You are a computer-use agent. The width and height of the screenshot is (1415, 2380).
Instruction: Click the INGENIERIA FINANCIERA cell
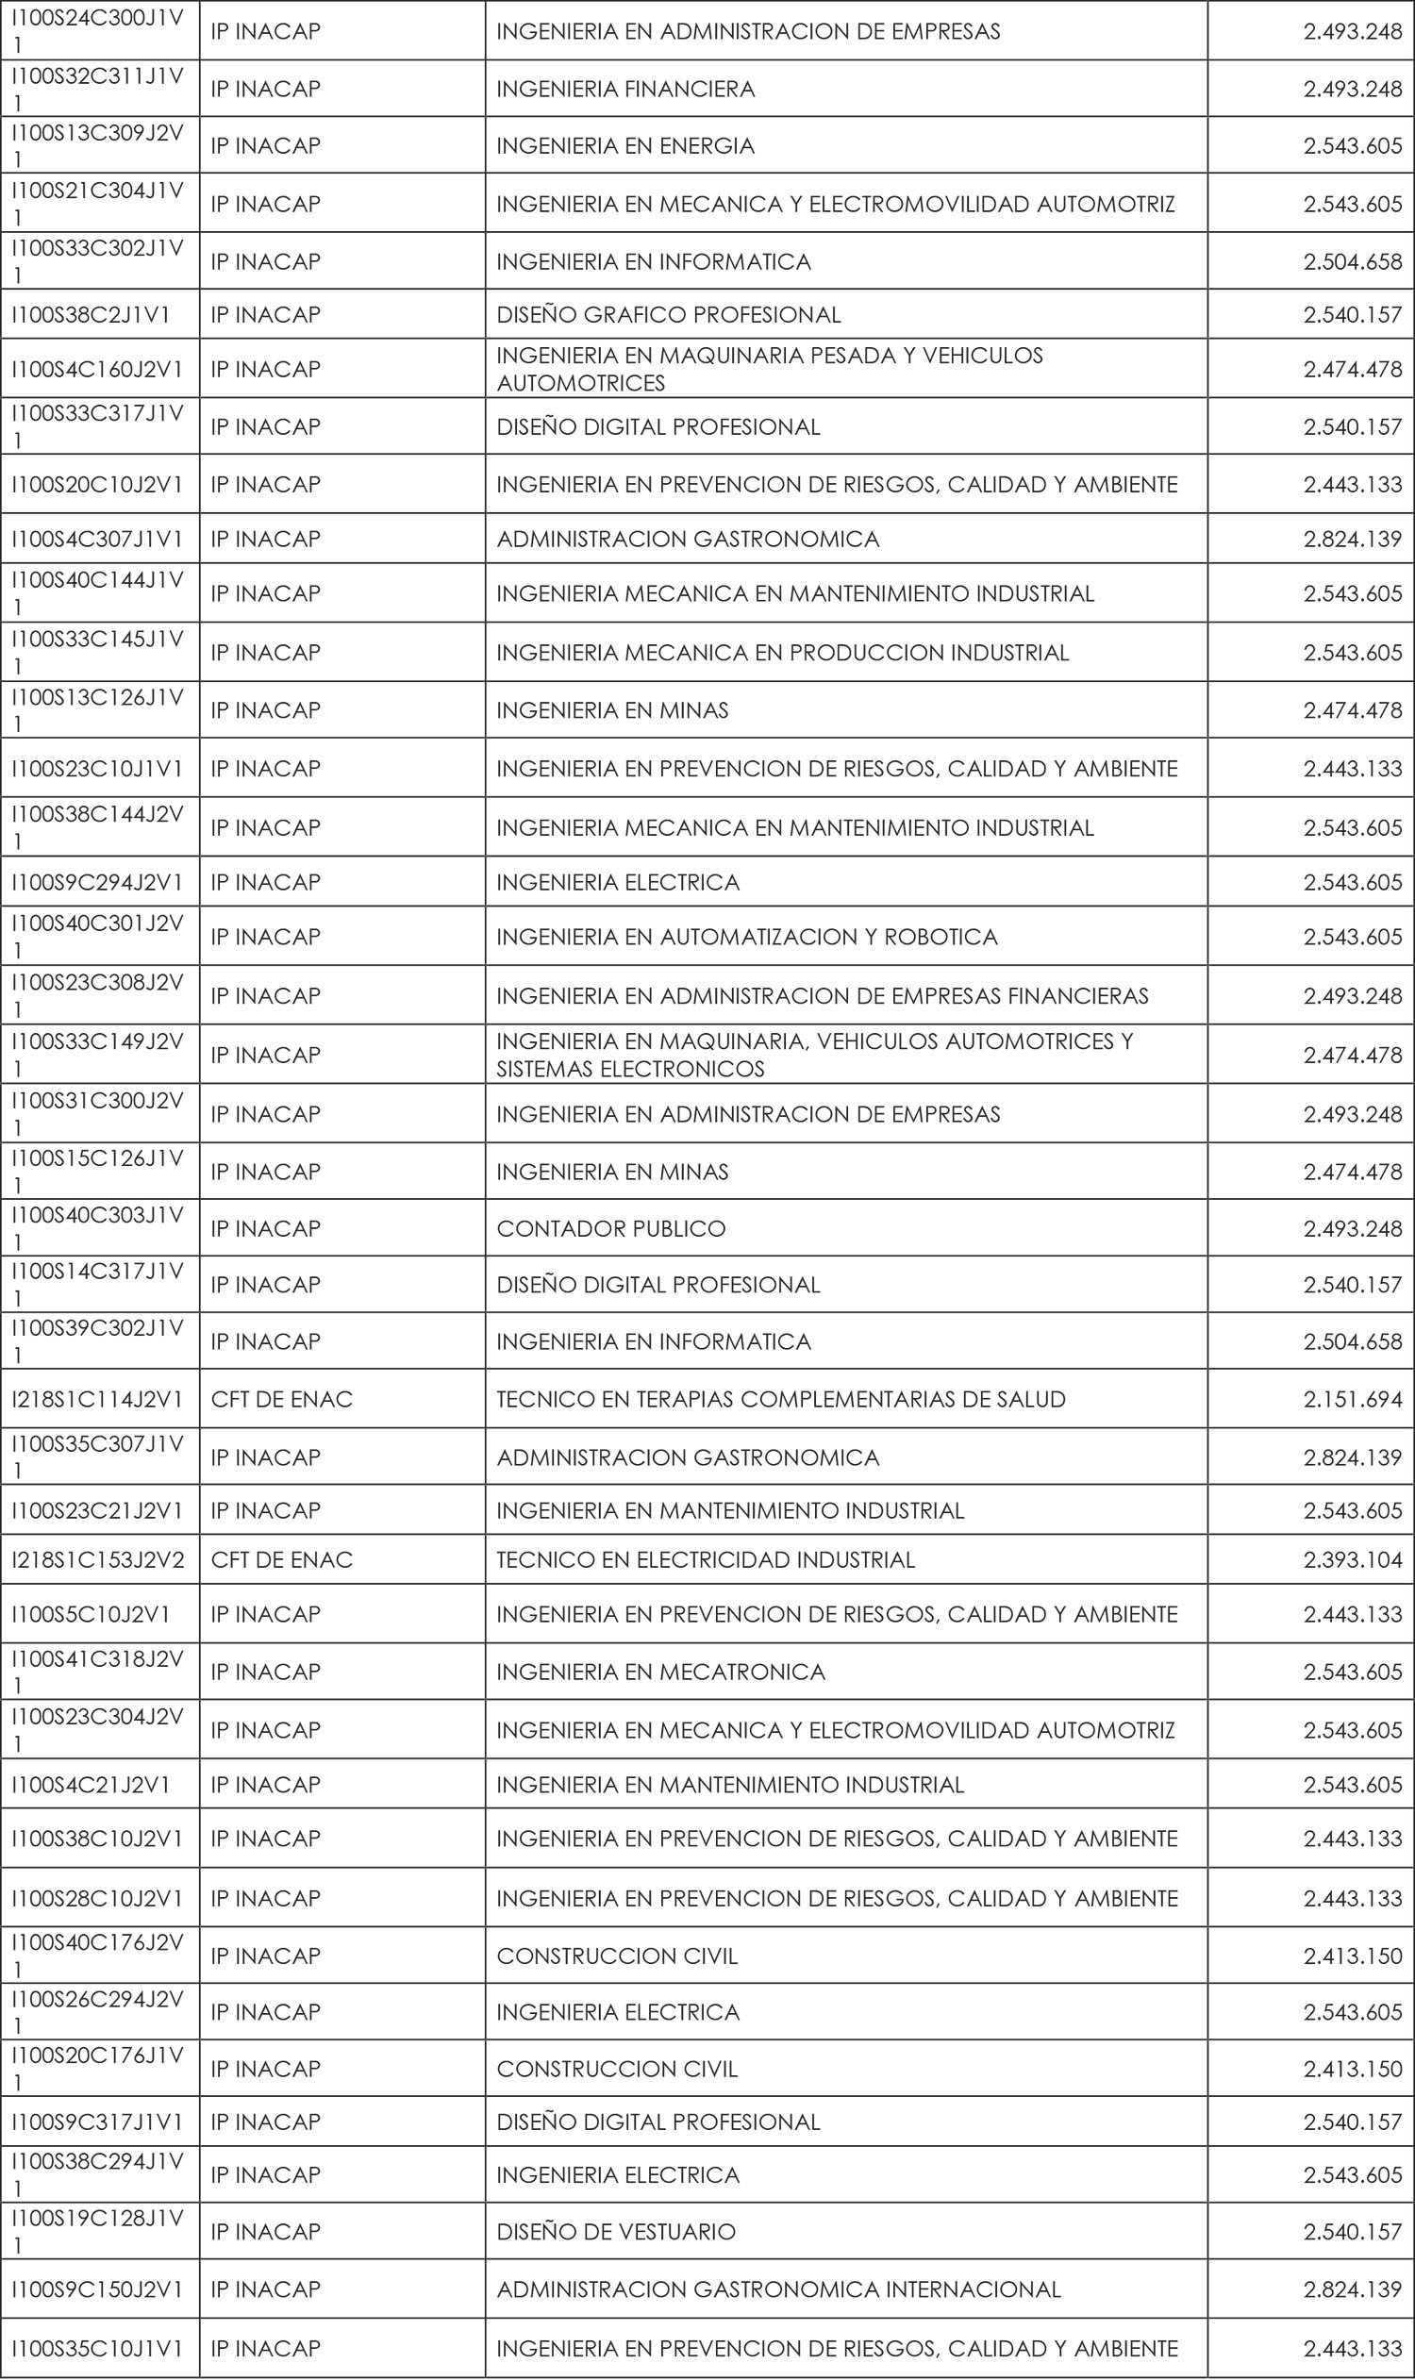625,89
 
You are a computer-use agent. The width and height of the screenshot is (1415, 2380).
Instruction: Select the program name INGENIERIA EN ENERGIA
625,146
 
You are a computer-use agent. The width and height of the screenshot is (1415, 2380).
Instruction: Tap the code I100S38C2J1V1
91,315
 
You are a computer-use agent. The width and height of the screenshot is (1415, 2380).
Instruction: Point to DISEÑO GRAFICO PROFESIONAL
669,315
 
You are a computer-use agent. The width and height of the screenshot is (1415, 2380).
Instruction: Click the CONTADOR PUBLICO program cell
611,1228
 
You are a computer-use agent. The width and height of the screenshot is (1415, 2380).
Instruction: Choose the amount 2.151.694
1352,1399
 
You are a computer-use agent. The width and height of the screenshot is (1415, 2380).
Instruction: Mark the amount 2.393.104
1352,1559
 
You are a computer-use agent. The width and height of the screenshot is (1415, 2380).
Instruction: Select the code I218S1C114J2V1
97,1399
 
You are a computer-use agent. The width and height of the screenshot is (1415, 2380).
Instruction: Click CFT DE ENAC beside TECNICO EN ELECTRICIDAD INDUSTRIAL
281,1559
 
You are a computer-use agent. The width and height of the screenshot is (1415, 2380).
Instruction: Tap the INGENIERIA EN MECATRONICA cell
660,1672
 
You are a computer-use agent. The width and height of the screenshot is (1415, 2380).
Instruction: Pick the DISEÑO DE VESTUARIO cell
616,2231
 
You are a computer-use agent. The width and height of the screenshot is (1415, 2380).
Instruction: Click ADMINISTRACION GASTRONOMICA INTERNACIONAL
778,2289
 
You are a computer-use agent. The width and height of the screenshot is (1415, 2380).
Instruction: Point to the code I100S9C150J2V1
97,2289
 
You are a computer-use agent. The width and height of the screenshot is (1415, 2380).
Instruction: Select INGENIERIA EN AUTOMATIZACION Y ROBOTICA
746,937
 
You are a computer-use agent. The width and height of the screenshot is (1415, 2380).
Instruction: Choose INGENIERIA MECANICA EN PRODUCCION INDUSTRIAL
782,652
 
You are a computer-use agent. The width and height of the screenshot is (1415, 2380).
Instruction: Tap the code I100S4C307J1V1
97,539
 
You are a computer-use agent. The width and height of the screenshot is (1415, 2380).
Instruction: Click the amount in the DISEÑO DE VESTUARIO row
1352,2231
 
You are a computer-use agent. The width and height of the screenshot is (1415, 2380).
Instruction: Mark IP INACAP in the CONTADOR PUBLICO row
265,1228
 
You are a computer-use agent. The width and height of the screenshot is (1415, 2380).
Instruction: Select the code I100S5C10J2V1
91,1613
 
